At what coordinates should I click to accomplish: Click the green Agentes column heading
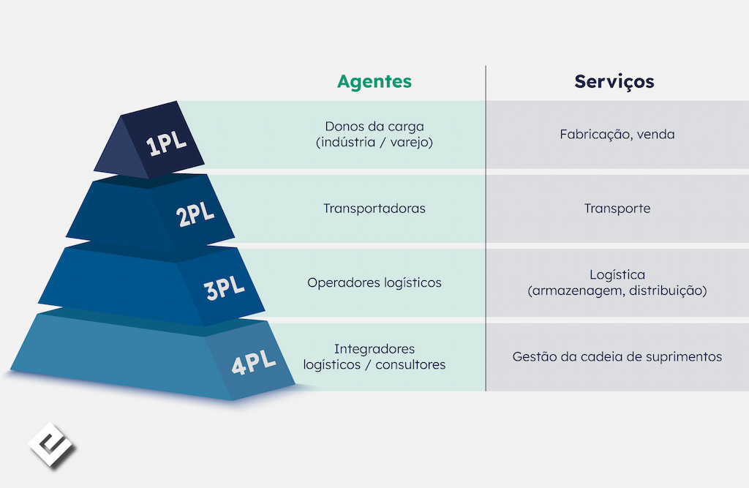point(374,82)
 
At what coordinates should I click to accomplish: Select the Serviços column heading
point(614,82)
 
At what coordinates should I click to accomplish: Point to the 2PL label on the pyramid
point(195,214)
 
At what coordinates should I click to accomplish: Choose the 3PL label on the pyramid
point(224,288)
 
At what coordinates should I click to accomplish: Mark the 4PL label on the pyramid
point(254,362)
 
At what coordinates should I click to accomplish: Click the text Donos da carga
point(374,127)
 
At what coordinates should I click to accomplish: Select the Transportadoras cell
point(374,209)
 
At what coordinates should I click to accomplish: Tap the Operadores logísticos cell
point(374,283)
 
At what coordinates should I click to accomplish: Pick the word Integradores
point(374,350)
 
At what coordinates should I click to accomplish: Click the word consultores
point(410,364)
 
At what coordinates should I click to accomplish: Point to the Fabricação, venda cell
point(617,135)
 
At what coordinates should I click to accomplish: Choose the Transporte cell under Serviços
point(617,209)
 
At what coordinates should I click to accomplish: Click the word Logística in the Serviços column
point(617,275)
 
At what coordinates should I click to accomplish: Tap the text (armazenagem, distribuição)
point(617,290)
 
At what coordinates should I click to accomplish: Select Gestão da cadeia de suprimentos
point(617,357)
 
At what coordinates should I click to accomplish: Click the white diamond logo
point(51,445)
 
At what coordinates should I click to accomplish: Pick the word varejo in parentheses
point(409,143)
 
